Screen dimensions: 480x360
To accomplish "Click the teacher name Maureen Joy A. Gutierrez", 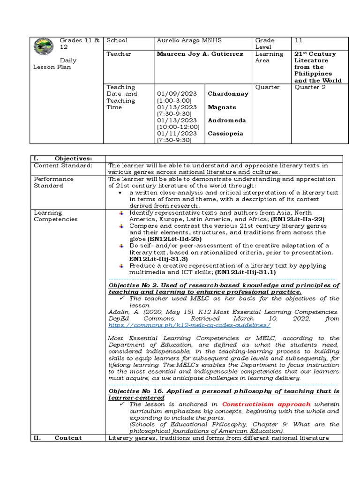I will click(200, 54).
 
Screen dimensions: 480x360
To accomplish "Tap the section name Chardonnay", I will click(228, 94).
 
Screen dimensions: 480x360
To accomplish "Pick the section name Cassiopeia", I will click(226, 134).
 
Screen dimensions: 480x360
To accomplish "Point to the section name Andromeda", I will click(227, 120).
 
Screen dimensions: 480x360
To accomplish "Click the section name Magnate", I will click(223, 107).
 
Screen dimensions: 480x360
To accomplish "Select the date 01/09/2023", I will click(175, 94).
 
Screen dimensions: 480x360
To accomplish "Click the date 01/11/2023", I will click(175, 134).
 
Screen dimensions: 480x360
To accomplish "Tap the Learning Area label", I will click(269, 57).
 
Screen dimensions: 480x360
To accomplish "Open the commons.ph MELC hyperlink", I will click(189, 325).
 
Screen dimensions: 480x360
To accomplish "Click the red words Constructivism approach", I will click(266, 404).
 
